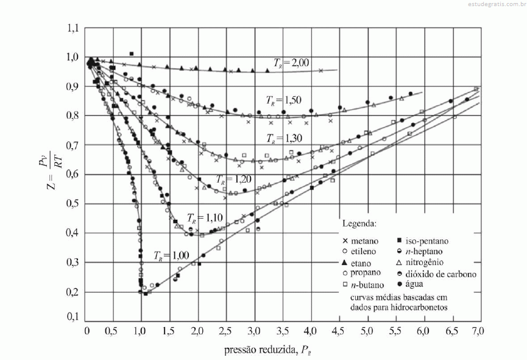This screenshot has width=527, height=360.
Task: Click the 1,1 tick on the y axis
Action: (x=73, y=28)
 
